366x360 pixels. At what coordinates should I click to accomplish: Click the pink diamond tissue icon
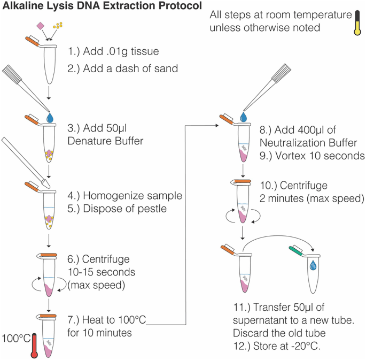tap(40, 25)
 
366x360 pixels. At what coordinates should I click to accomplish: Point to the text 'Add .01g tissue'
tap(113, 51)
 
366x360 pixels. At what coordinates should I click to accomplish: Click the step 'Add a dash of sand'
tap(123, 68)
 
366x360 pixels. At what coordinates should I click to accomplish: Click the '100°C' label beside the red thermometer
tap(15, 338)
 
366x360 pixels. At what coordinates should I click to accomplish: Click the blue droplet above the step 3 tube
tap(51, 117)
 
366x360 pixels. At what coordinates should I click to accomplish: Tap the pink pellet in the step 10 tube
tap(244, 216)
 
